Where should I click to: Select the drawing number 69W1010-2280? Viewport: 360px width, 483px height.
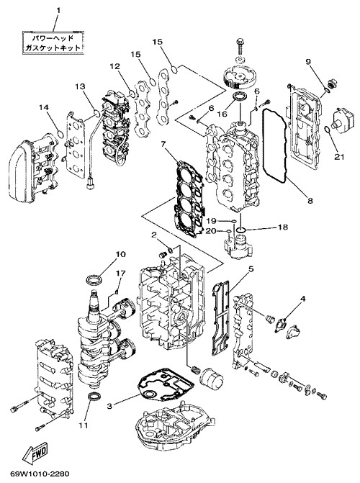point(40,474)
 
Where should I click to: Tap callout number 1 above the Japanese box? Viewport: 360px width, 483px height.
point(58,11)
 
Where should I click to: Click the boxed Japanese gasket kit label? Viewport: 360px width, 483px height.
point(53,42)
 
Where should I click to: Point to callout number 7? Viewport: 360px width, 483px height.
point(163,144)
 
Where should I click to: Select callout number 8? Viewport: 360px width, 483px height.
point(310,201)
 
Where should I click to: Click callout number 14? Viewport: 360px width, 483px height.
point(44,107)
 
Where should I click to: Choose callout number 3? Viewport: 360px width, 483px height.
point(109,406)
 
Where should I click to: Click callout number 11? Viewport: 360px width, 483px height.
point(84,425)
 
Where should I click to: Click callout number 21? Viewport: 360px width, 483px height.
point(339,157)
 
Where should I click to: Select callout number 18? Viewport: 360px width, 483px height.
point(283,227)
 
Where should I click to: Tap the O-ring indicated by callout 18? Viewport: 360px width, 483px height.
point(241,230)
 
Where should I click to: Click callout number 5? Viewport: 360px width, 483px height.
point(251,269)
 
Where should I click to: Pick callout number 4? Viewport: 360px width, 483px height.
point(303,299)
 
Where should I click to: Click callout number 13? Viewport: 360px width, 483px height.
point(80,86)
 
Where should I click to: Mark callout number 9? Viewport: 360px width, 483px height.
point(308,61)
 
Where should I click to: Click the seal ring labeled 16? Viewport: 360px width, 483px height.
point(239,97)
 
